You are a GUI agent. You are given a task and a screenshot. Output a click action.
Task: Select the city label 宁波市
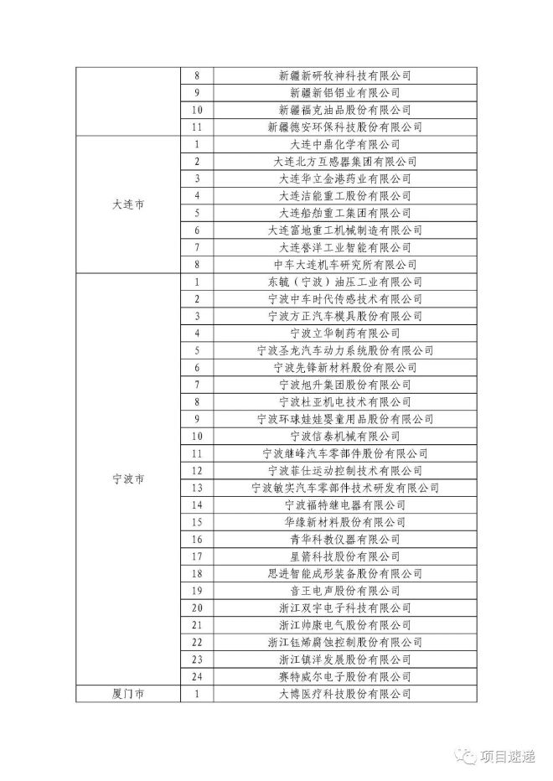click(128, 478)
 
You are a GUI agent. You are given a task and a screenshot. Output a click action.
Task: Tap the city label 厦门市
click(128, 694)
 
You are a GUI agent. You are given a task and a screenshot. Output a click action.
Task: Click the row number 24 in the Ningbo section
click(197, 676)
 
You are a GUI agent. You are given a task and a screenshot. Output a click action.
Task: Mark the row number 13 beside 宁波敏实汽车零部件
click(197, 487)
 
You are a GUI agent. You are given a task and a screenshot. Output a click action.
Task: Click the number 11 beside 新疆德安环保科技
click(197, 127)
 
